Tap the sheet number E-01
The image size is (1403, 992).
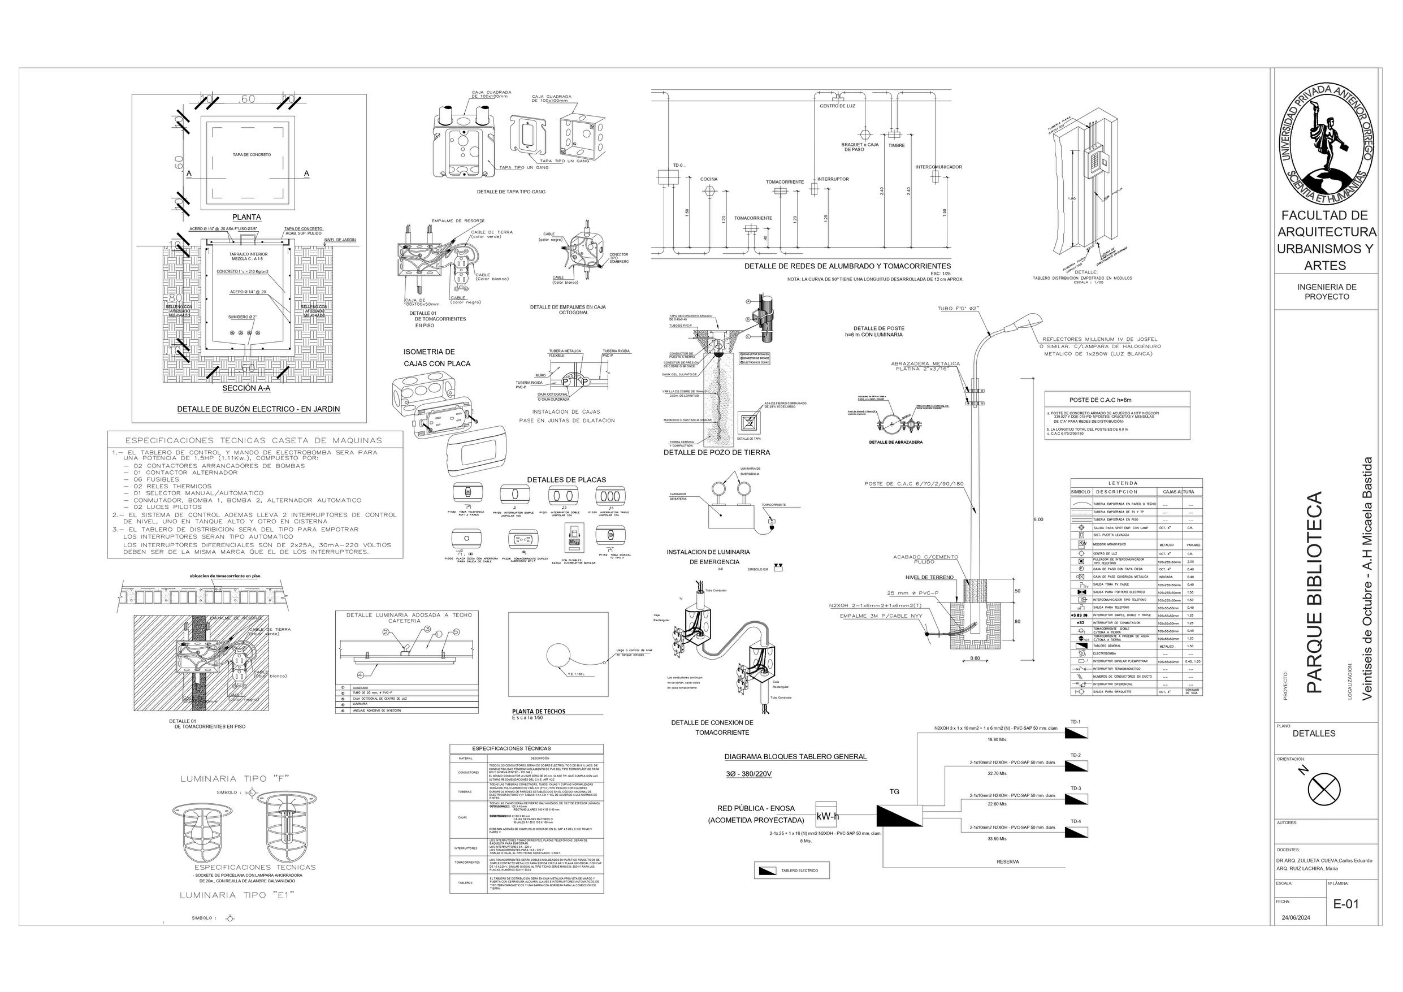point(1346,903)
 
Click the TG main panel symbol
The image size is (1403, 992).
point(899,815)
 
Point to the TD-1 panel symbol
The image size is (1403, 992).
point(1079,733)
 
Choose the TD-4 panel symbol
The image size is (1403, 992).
point(1079,832)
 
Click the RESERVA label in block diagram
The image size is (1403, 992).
point(1008,862)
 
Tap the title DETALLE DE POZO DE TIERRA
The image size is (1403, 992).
point(717,453)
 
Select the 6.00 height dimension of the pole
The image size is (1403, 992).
point(1038,519)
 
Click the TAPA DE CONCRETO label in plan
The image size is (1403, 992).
point(252,155)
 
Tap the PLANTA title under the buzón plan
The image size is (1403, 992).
point(246,217)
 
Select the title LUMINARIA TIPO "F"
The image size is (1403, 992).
point(235,779)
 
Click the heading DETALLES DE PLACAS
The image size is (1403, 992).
point(566,480)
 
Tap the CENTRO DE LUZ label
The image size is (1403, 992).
point(837,106)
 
